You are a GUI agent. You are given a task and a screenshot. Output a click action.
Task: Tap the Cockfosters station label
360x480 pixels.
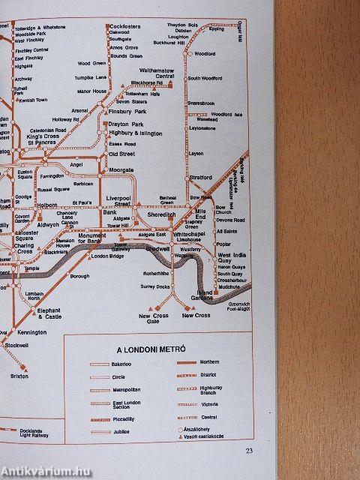point(124,25)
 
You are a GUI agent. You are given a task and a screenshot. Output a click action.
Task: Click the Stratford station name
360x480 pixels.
point(201,178)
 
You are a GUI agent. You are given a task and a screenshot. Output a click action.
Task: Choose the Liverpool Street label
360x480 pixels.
point(118,200)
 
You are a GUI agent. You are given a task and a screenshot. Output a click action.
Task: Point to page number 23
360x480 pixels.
point(249,450)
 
